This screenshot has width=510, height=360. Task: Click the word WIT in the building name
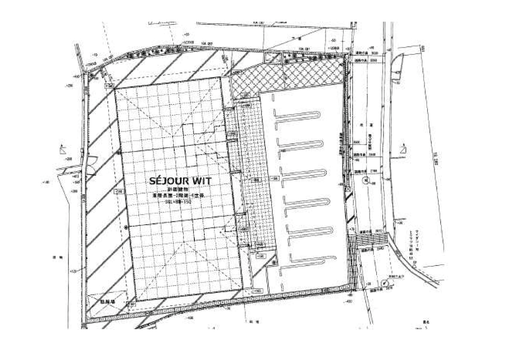click(x=201, y=181)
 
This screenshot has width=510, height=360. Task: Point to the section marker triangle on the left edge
click(x=62, y=150)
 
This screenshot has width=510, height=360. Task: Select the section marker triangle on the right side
click(x=403, y=150)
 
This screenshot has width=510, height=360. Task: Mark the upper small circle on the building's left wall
click(x=120, y=153)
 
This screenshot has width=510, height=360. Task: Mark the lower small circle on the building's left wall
click(x=125, y=227)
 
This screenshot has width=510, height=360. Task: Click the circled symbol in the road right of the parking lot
click(x=366, y=181)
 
